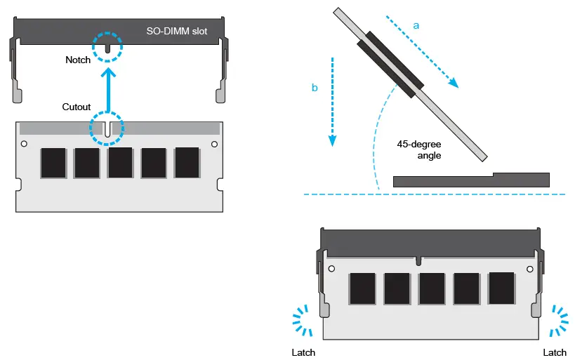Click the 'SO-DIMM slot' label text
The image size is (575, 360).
point(176,32)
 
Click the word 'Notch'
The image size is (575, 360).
point(77,60)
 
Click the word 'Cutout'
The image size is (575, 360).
point(77,107)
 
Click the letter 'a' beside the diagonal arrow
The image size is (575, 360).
point(416,25)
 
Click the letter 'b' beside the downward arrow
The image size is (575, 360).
point(315,88)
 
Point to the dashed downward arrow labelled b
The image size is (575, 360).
point(332,102)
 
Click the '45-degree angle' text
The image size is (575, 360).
point(419,149)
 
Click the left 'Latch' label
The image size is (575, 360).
point(303,352)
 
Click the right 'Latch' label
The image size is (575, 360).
point(555,352)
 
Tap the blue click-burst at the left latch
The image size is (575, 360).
point(304,321)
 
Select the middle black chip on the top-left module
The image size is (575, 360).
point(120,163)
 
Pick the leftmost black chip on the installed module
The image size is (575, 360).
point(362,288)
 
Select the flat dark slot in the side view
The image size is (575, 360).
point(470,180)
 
